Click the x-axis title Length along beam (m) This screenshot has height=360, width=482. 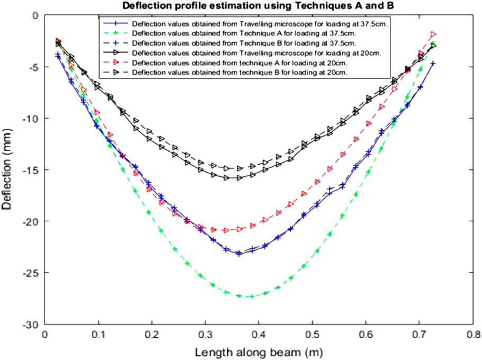258,351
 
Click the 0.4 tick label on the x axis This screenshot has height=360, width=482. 258,335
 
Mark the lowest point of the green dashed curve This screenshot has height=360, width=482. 252,296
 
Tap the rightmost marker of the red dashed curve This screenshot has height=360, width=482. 433,34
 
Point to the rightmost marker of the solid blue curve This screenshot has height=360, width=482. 433,64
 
